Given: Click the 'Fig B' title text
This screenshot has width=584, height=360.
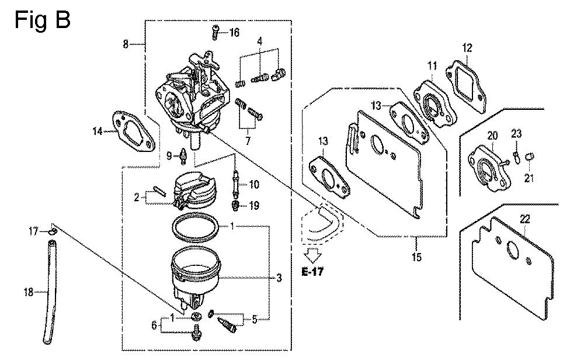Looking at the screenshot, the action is click(43, 20).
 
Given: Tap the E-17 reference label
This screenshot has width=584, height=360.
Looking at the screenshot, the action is click(312, 272).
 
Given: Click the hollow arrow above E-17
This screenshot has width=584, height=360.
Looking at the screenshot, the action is click(312, 255).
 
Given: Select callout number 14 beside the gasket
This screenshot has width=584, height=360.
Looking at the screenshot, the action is click(98, 131).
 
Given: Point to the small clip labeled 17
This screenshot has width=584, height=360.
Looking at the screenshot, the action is click(53, 232).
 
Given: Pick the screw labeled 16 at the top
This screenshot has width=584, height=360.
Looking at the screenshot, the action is click(215, 32).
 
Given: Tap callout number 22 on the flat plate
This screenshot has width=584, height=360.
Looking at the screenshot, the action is click(525, 219).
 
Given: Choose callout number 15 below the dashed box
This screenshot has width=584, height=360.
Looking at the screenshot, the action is click(416, 257).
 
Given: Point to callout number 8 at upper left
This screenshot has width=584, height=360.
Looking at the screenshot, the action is click(126, 44).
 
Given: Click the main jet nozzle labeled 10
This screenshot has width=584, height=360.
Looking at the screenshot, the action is click(235, 182).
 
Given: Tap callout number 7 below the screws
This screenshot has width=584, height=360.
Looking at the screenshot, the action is click(248, 140).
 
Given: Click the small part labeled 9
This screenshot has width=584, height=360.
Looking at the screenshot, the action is click(183, 156).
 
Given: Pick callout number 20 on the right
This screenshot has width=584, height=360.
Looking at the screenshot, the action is click(492, 136).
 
